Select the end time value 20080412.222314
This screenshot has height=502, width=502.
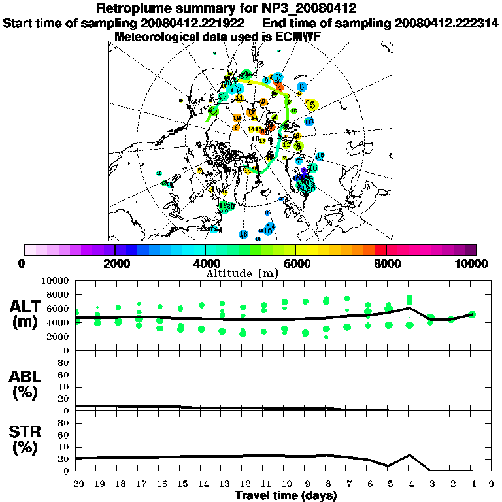coord(447,24)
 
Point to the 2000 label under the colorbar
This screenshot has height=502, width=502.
coord(115,263)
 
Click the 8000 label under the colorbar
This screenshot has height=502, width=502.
coord(386,263)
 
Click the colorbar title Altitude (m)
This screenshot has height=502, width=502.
coord(251,272)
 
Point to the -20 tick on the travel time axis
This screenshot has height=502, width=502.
coord(76,484)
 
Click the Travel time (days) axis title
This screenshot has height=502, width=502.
coord(286,495)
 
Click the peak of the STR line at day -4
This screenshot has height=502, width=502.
coord(409,455)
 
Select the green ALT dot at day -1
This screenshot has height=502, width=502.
coord(472,314)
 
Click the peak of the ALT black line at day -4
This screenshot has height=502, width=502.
coord(409,307)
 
